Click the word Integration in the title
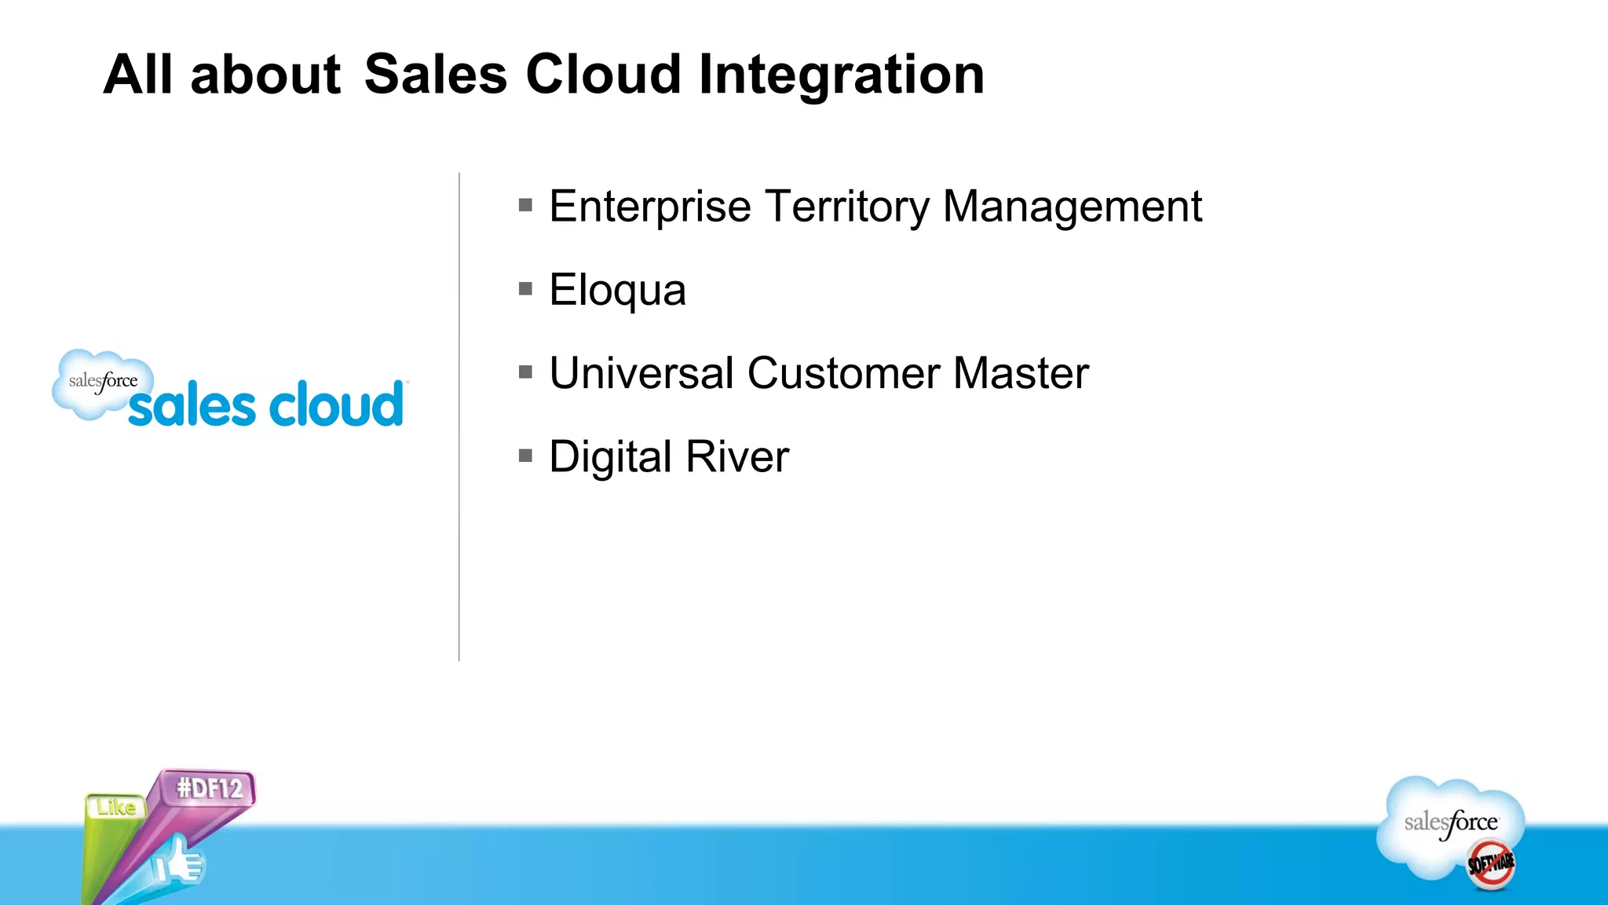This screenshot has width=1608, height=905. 841,75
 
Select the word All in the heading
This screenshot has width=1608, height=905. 137,75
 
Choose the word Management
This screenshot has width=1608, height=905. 1072,207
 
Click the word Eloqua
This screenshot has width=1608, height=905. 617,291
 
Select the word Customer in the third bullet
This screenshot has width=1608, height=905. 842,373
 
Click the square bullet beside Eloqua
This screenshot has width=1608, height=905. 526,289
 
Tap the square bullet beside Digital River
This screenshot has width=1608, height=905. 526,456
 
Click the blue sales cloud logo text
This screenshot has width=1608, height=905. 265,405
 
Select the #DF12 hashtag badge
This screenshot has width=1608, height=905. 209,788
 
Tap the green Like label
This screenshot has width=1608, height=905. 116,807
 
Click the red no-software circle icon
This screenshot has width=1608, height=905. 1491,864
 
